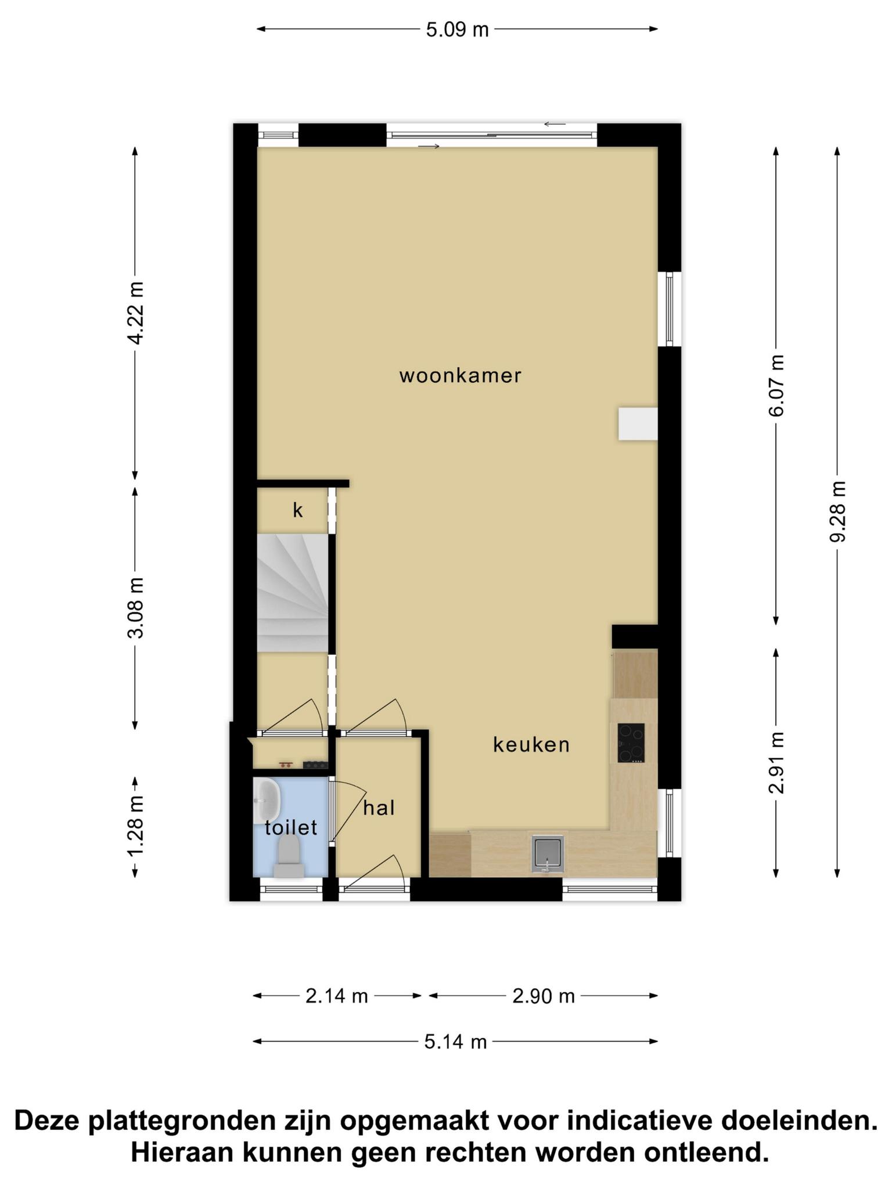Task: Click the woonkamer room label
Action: (x=460, y=376)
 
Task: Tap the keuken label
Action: (x=531, y=744)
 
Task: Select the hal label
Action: (x=379, y=808)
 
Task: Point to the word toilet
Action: (x=291, y=827)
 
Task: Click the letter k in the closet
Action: (x=298, y=510)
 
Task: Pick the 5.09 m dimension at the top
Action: (x=457, y=30)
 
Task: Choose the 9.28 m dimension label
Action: (x=837, y=511)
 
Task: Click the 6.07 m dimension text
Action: (x=776, y=385)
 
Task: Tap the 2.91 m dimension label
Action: (x=776, y=762)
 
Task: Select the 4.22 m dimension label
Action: (x=135, y=313)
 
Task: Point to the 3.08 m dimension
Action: (x=135, y=607)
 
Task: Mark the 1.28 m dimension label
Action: (x=135, y=826)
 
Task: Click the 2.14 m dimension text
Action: (x=337, y=996)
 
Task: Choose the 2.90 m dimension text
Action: (x=544, y=996)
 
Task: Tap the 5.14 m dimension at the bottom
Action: (x=455, y=1042)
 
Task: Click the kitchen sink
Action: (x=548, y=853)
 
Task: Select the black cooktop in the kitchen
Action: (x=631, y=743)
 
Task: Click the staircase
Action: (x=293, y=592)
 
